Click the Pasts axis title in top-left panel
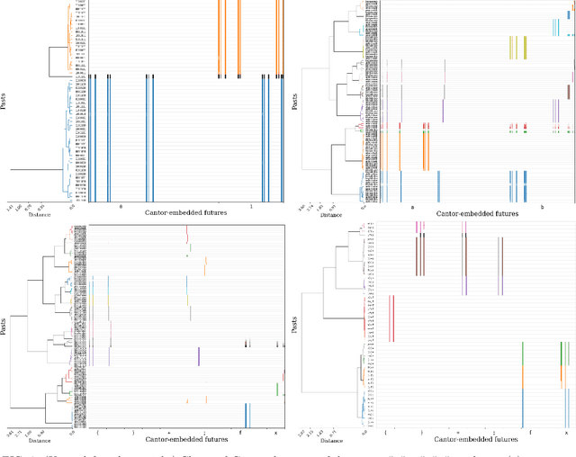coord(4,102)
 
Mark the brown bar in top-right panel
coord(569,90)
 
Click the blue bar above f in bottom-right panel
coord(523,404)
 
